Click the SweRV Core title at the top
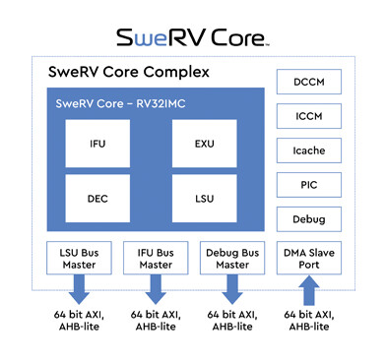[x=193, y=37]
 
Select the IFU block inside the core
[x=98, y=145]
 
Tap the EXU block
[x=205, y=145]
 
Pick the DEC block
[x=98, y=199]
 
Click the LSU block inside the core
[x=205, y=199]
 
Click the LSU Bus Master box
[x=78, y=258]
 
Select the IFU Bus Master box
[x=154, y=258]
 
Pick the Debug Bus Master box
[x=230, y=258]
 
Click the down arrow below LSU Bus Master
[x=78, y=291]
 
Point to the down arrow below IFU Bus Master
[x=154, y=291]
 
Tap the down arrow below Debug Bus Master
[x=230, y=291]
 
